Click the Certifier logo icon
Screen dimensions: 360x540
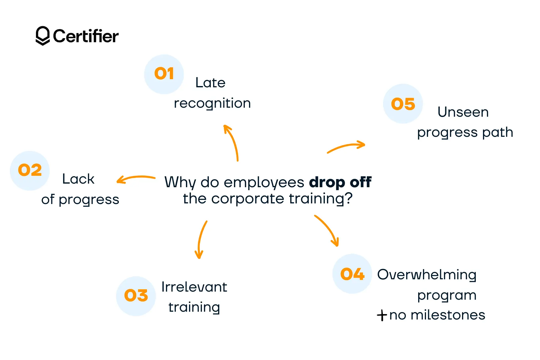pyautogui.click(x=43, y=36)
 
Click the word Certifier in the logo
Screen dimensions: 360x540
pyautogui.click(x=86, y=36)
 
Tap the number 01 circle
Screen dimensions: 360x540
pyautogui.click(x=164, y=74)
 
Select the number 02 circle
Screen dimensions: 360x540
pyautogui.click(x=30, y=170)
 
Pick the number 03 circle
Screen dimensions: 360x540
pyautogui.click(x=136, y=296)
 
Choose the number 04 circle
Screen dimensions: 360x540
pyautogui.click(x=352, y=274)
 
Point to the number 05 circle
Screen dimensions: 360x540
pyautogui.click(x=403, y=104)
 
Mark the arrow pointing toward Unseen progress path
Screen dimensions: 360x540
pyautogui.click(x=346, y=147)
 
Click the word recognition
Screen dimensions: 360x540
pyautogui.click(x=212, y=103)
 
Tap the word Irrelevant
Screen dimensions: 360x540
pyautogui.click(x=194, y=287)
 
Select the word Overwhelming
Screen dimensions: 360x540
pyautogui.click(x=427, y=275)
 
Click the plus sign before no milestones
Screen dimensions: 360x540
pyautogui.click(x=382, y=315)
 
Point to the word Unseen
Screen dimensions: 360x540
pyautogui.click(x=463, y=112)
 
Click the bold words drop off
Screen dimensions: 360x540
pyautogui.click(x=340, y=182)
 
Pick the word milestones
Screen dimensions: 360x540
pyautogui.click(x=448, y=315)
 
